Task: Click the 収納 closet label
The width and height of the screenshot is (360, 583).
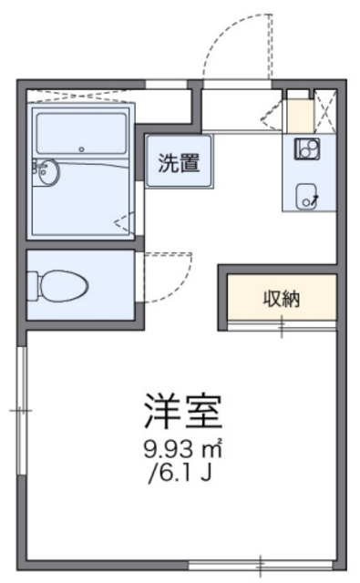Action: click(283, 298)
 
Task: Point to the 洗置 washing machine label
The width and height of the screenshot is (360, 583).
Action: click(180, 164)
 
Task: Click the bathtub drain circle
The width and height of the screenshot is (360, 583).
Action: click(80, 148)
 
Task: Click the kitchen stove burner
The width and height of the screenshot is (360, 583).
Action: click(306, 149)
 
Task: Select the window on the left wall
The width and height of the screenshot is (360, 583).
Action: click(22, 410)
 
